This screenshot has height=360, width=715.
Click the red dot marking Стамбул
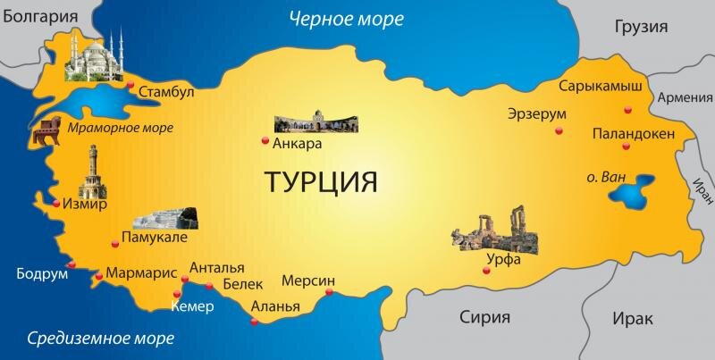pos(130,87)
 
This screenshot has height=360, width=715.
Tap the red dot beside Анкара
pos(264,140)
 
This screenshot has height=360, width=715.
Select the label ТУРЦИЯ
pos(321,181)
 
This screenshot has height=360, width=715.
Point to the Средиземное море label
pos(100,338)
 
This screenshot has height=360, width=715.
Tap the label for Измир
pos(85,205)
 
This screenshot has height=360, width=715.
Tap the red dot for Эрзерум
pos(559,130)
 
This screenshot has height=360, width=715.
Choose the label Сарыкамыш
pos(601,87)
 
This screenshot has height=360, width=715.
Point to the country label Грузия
pos(641,27)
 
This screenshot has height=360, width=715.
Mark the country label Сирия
pos(484,316)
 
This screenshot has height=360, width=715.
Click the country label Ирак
pos(632,317)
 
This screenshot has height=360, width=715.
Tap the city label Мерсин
pos(308,280)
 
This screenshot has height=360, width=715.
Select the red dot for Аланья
pos(255,322)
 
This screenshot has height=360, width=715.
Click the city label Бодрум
pos(42,273)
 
